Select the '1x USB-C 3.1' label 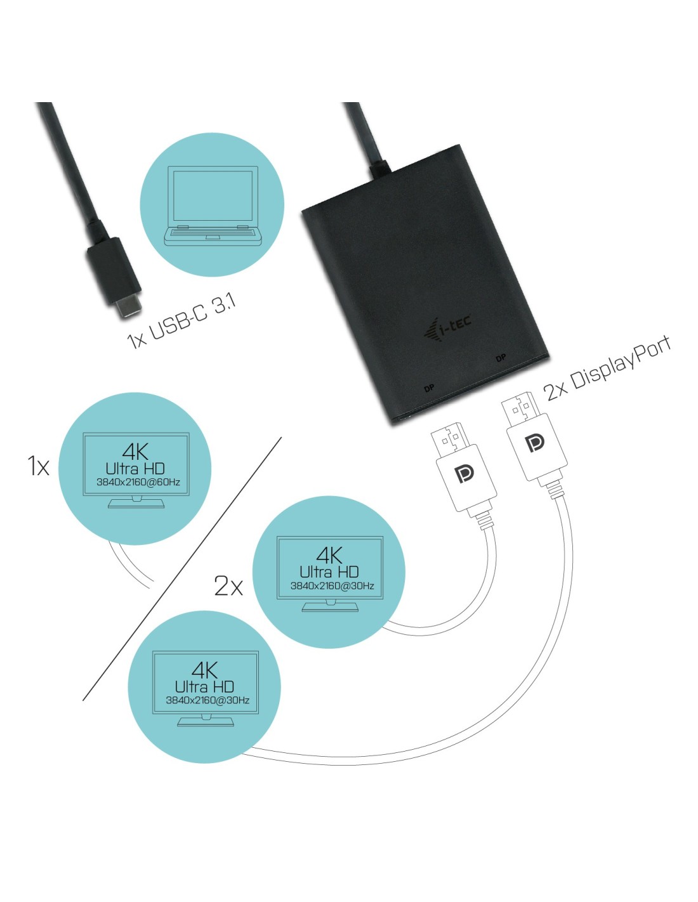181,322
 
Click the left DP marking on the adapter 429,388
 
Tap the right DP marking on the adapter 501,358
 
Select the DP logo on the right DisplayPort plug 535,443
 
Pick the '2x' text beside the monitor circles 228,585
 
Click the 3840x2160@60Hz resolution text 138,482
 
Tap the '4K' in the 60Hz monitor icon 135,452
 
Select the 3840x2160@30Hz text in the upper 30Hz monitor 332,586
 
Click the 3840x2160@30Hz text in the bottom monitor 207,700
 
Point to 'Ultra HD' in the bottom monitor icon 204,686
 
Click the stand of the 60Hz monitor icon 136,503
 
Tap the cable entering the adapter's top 367,136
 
